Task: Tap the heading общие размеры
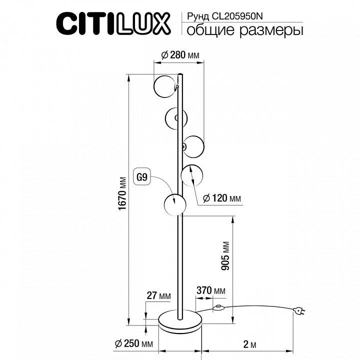pyautogui.click(x=245, y=31)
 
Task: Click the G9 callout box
pyautogui.click(x=142, y=176)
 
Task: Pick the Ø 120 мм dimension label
pyautogui.click(x=222, y=198)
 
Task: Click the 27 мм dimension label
pyautogui.click(x=158, y=296)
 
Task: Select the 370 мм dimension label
pyautogui.click(x=210, y=291)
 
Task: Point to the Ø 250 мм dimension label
pyautogui.click(x=133, y=343)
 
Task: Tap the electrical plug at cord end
pyautogui.click(x=299, y=312)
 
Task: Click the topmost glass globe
pyautogui.click(x=165, y=86)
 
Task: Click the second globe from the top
pyautogui.click(x=176, y=118)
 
